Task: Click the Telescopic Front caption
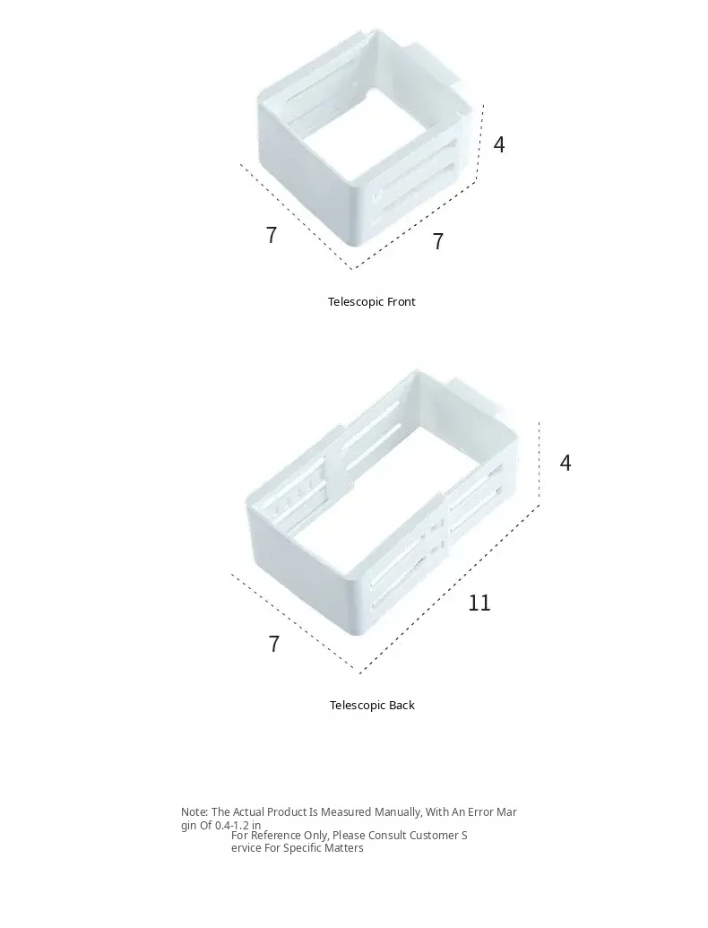pyautogui.click(x=371, y=302)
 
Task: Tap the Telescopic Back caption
pyautogui.click(x=372, y=706)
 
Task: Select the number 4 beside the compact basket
pyautogui.click(x=499, y=144)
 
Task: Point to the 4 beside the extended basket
pyautogui.click(x=566, y=463)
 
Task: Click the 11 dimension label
pyautogui.click(x=479, y=603)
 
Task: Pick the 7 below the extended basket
pyautogui.click(x=273, y=644)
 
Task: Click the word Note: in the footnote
pyautogui.click(x=194, y=812)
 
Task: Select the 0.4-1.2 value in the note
pyautogui.click(x=232, y=826)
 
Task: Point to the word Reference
pyautogui.click(x=274, y=836)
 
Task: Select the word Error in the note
pyautogui.click(x=477, y=812)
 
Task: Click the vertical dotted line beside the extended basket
pyautogui.click(x=540, y=461)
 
